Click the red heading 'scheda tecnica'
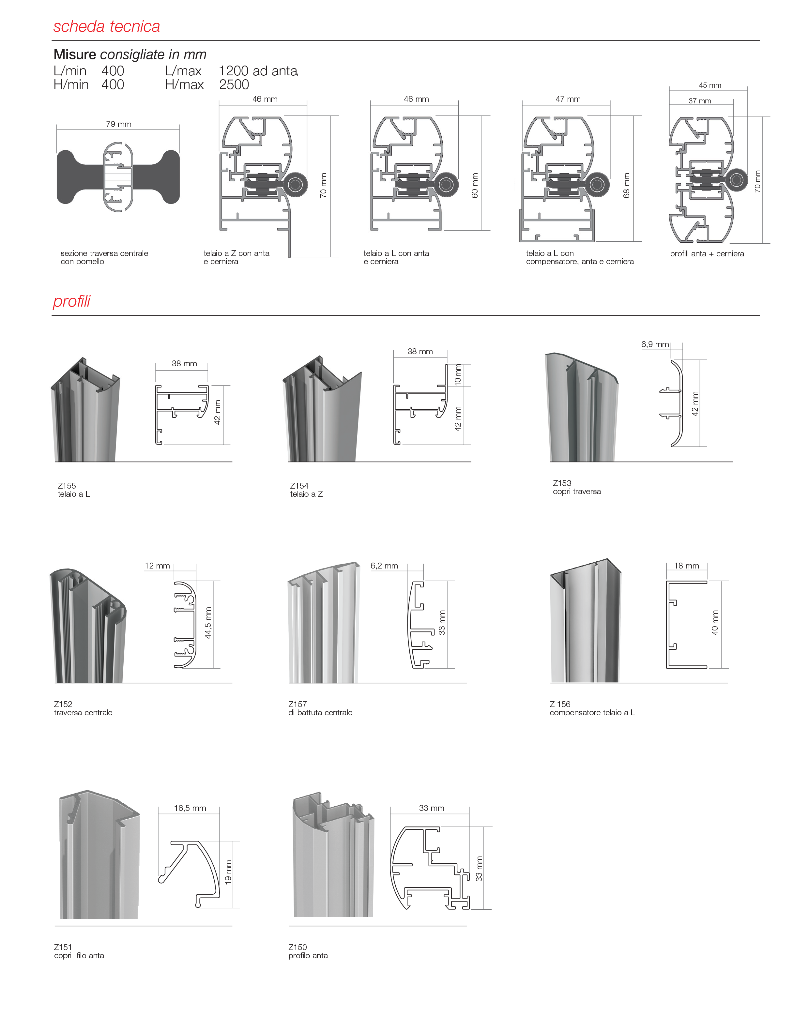point(107,26)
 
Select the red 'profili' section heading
point(71,301)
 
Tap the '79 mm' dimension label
point(118,124)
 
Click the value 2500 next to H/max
point(234,85)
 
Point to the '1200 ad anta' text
point(258,71)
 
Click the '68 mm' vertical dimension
point(627,185)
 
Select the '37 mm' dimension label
point(700,101)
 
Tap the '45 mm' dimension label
point(710,85)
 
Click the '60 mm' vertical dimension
point(475,185)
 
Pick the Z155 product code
point(67,485)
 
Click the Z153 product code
point(562,483)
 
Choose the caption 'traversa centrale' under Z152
point(84,712)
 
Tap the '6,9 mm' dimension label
point(655,344)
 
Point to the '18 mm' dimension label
point(686,566)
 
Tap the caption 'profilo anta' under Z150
point(308,955)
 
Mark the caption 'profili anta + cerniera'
point(707,254)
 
